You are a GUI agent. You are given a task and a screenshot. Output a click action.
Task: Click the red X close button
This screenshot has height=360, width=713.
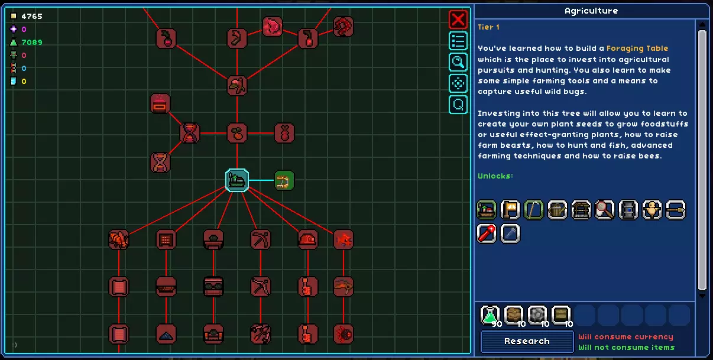(458, 20)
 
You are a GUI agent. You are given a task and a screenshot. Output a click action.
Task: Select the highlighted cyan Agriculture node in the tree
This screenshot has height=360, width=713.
(237, 180)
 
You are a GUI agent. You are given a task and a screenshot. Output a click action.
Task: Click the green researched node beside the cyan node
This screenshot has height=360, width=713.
(284, 180)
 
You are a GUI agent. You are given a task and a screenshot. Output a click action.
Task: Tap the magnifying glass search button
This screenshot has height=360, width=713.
(458, 62)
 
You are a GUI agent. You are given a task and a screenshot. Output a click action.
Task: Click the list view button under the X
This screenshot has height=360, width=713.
(458, 41)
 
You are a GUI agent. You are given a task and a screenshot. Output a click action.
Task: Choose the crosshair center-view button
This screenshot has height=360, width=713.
(458, 83)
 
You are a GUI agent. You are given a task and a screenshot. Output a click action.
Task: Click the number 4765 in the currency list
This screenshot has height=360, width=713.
(32, 16)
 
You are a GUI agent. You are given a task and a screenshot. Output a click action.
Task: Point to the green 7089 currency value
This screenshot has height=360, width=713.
(32, 43)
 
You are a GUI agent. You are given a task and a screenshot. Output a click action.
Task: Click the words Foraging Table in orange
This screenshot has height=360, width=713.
(637, 48)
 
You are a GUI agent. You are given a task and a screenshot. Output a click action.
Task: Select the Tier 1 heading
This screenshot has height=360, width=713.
(488, 27)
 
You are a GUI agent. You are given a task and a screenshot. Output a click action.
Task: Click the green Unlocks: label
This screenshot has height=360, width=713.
(495, 176)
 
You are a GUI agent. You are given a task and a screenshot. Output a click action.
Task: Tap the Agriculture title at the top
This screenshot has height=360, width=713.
(591, 11)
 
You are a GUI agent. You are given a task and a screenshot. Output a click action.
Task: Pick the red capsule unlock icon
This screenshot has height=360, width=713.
(487, 233)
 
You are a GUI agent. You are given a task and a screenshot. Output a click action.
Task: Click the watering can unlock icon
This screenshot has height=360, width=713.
(558, 210)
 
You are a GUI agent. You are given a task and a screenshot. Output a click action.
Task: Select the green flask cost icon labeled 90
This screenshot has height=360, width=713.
(490, 315)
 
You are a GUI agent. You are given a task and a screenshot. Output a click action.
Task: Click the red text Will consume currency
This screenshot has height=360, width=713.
(626, 337)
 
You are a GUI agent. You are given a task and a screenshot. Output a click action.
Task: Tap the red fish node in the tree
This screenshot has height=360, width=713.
(343, 239)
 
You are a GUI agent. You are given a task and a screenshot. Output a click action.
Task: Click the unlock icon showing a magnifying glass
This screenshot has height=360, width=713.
(604, 210)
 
